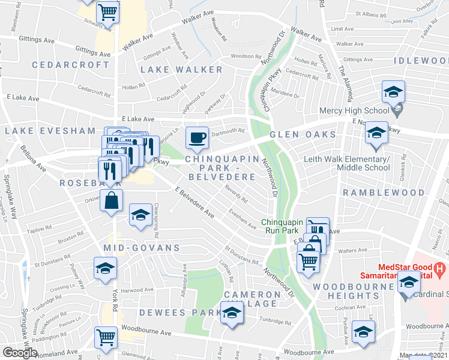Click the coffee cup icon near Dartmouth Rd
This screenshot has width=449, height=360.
tap(197, 137)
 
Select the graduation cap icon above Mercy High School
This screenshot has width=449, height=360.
tap(393, 92)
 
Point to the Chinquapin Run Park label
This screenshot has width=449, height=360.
tap(283, 226)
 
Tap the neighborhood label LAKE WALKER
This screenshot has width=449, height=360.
tap(181, 70)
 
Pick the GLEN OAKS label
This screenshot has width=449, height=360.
tap(300, 135)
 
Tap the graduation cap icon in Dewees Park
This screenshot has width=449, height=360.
tap(231, 313)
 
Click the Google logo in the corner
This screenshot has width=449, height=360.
tap(20, 353)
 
